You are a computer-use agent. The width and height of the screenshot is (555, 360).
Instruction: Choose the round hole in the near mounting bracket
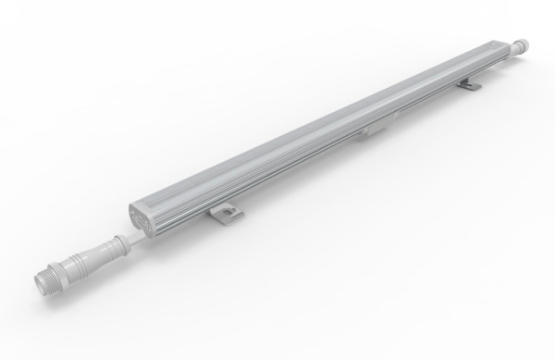pyautogui.click(x=225, y=215)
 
